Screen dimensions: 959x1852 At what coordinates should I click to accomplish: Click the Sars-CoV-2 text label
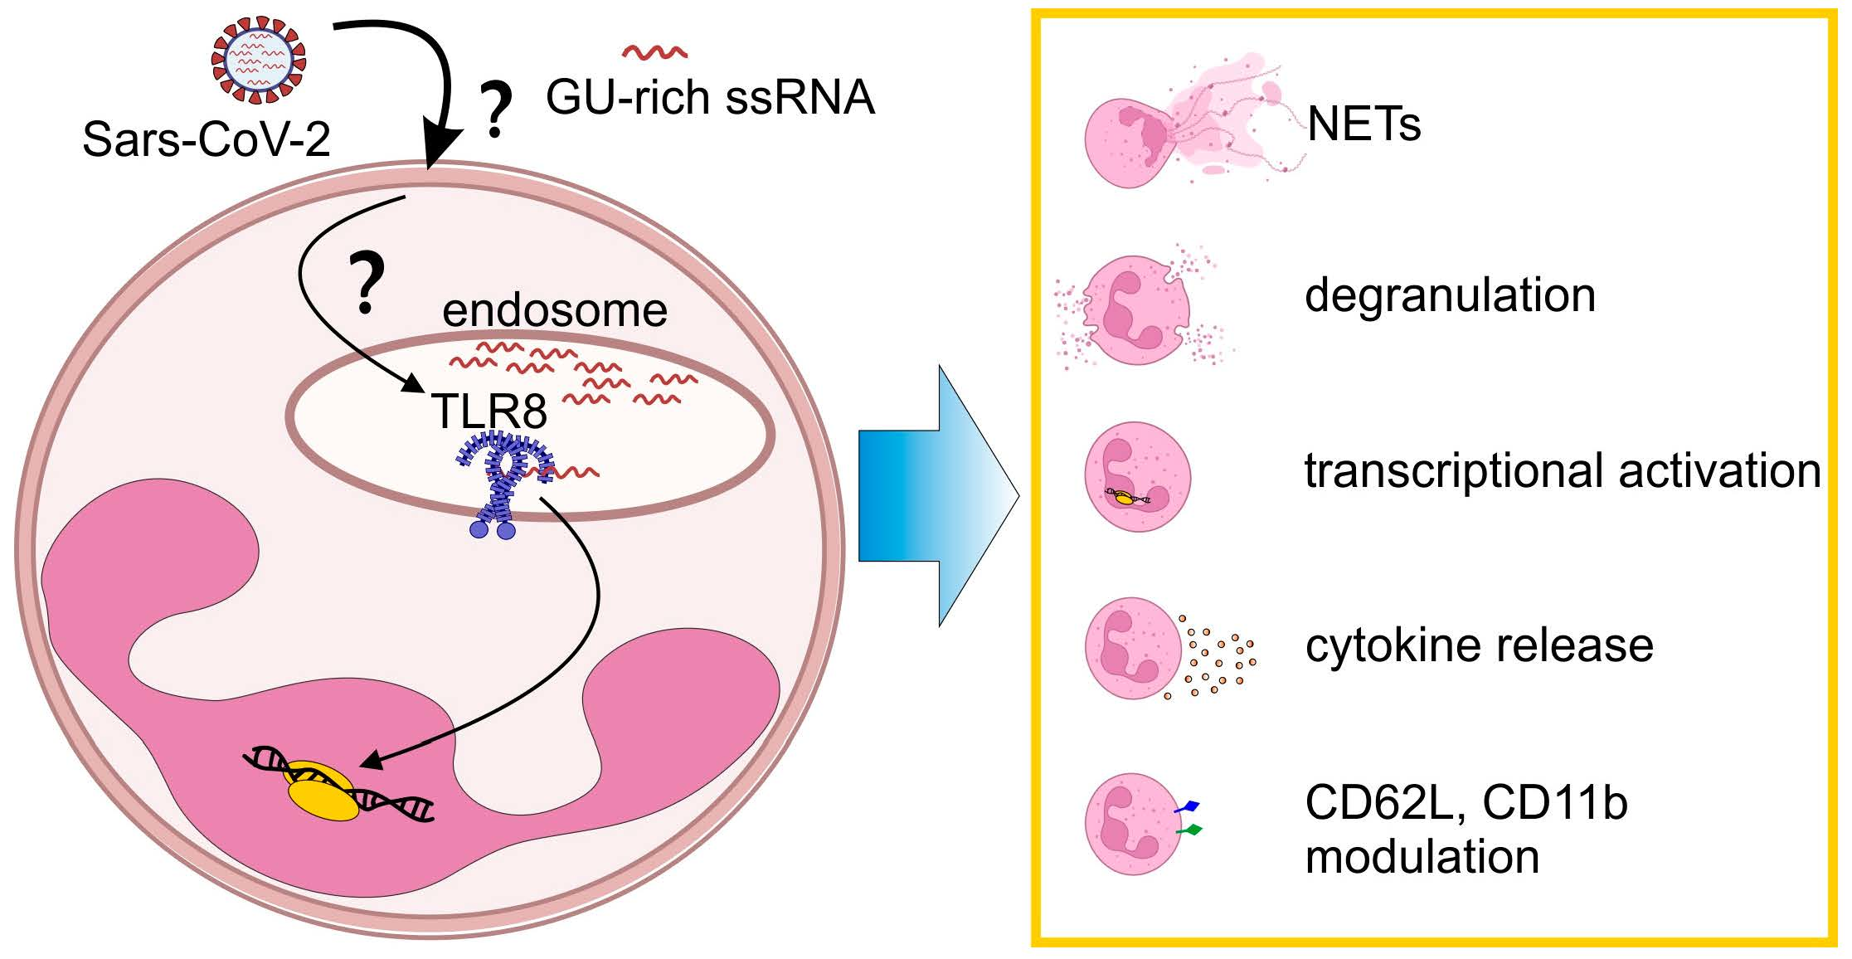(x=207, y=139)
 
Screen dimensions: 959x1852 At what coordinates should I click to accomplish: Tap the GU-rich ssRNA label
(x=710, y=97)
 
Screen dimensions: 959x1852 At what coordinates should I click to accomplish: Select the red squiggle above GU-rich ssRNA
(x=654, y=52)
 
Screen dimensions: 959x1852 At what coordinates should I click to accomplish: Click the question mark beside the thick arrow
(x=495, y=111)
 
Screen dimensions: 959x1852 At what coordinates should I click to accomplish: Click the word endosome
(x=554, y=310)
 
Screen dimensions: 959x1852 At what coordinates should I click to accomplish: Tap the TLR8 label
(x=489, y=410)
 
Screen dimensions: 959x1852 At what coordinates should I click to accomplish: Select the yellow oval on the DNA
(x=322, y=792)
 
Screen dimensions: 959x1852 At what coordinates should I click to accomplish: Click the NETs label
(x=1363, y=124)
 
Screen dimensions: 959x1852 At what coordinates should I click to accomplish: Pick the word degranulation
(x=1450, y=295)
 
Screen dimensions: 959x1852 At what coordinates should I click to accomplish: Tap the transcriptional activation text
(x=1563, y=470)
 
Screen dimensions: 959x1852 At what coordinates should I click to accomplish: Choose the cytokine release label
(x=1479, y=645)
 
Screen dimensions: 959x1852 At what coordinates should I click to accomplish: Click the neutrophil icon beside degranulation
(x=1137, y=309)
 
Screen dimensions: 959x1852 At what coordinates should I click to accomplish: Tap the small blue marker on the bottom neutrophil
(x=1188, y=806)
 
